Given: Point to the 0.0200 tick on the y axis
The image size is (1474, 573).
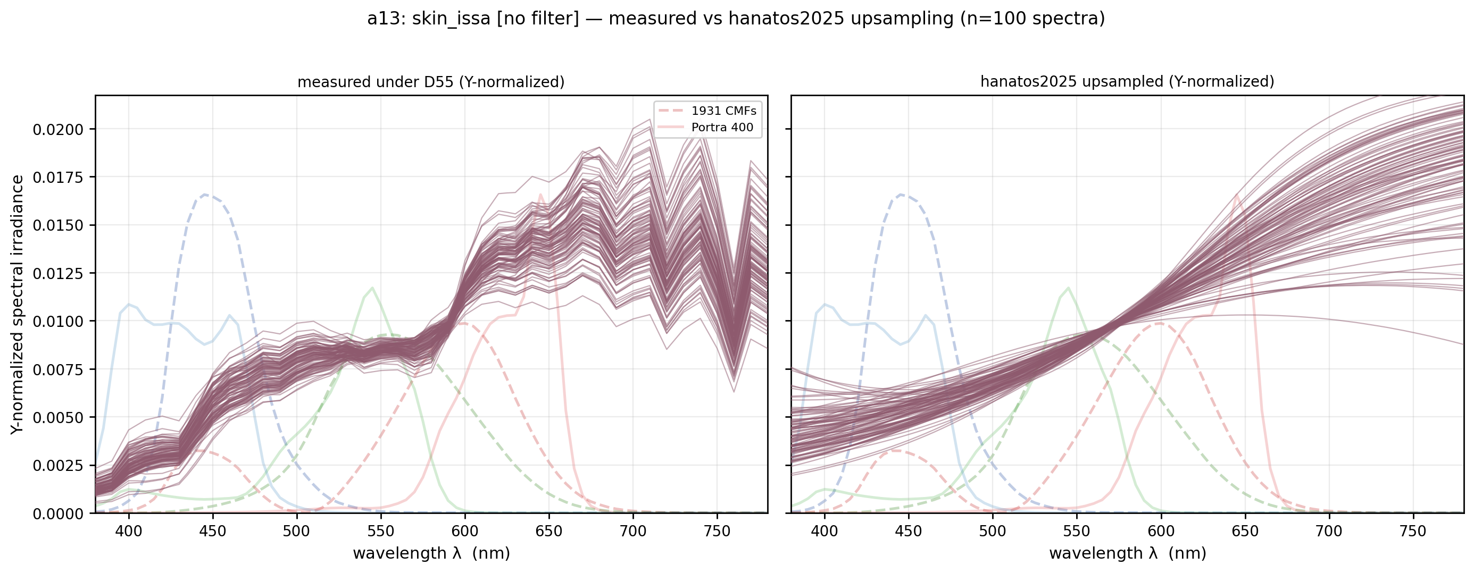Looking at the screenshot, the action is coord(58,130).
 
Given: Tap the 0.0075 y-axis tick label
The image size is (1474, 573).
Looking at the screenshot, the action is coord(58,370).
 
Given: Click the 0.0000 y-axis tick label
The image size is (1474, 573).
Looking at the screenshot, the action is coord(58,514).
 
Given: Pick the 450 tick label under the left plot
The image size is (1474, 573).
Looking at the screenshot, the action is coord(213,531).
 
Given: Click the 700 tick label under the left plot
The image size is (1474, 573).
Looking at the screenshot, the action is coord(633,531).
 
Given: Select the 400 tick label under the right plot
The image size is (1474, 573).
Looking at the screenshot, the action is coord(825,531).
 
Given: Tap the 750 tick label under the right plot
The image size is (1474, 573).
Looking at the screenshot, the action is coord(1413,531).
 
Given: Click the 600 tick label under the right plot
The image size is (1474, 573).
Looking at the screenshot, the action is coord(1161,531).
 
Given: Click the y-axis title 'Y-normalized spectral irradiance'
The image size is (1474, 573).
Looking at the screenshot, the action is coord(18,305).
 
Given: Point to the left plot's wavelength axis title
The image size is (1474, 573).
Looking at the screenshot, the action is coord(431,553).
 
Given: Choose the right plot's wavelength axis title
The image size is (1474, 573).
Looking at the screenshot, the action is coord(1128,553).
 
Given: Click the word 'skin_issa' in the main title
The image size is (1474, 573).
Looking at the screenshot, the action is coord(452,19).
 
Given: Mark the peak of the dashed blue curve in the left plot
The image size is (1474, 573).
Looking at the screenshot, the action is coord(205,195).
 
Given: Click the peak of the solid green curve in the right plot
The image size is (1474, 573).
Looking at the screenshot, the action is coord(1069,287).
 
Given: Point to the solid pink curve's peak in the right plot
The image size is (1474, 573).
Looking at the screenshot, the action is coord(1237,194).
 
